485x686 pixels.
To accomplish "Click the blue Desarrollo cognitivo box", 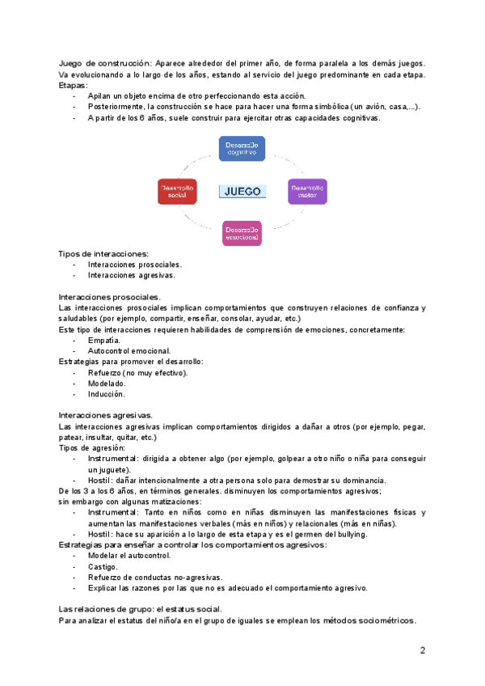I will (x=242, y=148).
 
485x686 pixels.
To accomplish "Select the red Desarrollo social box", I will (x=177, y=191).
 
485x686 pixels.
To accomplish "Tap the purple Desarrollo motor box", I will (x=306, y=191).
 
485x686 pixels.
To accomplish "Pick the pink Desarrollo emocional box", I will (x=242, y=233).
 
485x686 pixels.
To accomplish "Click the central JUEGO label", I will (x=242, y=192).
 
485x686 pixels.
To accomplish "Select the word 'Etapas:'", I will (x=74, y=85).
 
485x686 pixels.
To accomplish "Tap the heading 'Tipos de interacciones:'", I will (x=103, y=253).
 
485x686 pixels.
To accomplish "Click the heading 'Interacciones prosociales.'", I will (x=110, y=297).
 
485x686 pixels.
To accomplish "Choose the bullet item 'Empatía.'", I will (x=104, y=341).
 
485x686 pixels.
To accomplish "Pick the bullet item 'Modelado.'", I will (x=107, y=383).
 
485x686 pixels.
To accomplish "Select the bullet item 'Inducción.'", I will (x=107, y=394).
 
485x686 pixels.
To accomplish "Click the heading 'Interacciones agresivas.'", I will (x=106, y=415).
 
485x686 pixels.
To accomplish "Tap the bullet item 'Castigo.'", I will (x=103, y=566).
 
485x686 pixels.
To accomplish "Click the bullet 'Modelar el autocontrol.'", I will (x=129, y=556).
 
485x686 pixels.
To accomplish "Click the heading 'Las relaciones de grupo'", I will (x=109, y=608).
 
